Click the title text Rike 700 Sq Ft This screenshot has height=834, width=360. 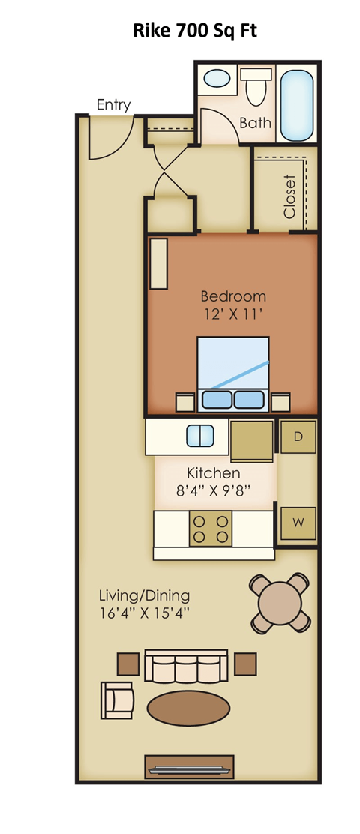[194, 31]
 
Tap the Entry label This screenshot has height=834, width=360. [113, 105]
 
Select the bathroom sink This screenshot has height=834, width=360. [217, 79]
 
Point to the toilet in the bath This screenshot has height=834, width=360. [255, 87]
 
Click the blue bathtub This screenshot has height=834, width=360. [296, 105]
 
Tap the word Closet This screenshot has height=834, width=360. [289, 196]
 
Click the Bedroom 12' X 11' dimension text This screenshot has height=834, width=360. [233, 304]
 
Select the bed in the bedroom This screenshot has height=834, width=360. [233, 374]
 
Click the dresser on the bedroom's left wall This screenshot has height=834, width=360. [158, 263]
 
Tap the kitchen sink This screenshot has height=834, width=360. [200, 436]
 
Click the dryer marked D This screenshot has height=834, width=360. [298, 436]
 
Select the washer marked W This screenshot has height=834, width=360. [298, 523]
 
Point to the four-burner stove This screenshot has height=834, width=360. [211, 529]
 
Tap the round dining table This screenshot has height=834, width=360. [280, 603]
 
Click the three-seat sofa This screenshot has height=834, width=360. [186, 666]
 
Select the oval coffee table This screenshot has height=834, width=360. [188, 709]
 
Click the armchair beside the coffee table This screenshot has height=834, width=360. [116, 700]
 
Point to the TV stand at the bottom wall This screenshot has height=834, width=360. [189, 767]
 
